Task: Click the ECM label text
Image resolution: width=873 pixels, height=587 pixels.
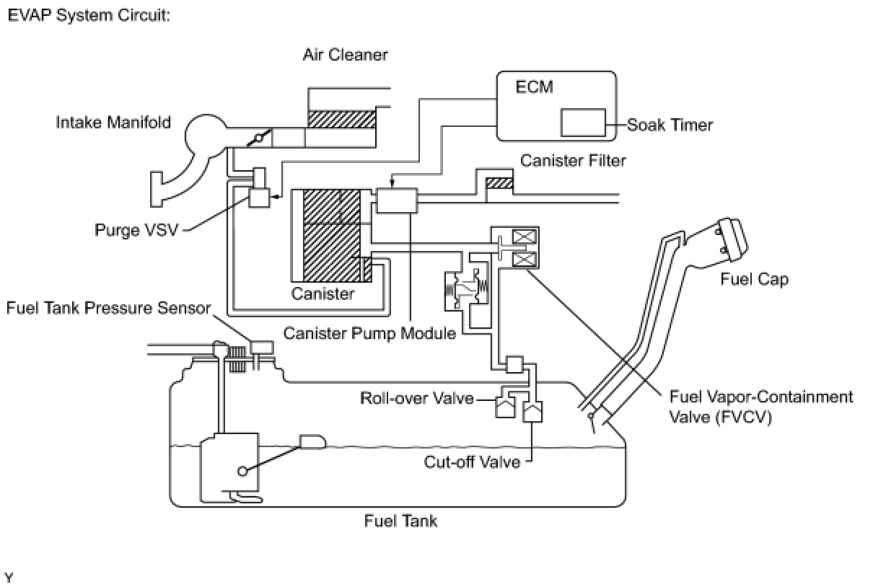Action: [x=535, y=87]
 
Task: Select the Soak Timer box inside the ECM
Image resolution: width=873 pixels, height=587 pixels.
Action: [x=583, y=122]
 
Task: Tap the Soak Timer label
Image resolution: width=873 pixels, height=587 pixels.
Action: [x=670, y=125]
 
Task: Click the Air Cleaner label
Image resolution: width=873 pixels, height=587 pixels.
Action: [x=345, y=55]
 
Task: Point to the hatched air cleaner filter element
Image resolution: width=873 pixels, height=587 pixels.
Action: [x=342, y=120]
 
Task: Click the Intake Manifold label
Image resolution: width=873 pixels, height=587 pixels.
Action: [x=114, y=123]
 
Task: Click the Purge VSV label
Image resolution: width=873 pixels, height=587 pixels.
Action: [x=136, y=231]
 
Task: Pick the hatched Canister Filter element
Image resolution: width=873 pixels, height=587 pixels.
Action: [x=499, y=183]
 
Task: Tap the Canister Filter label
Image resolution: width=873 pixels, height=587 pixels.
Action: [x=573, y=160]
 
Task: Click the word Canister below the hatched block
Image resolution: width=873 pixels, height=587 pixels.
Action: [x=323, y=293]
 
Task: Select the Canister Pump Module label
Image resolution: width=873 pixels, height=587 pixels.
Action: [x=369, y=332]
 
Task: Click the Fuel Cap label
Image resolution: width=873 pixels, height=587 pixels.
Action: [x=755, y=279]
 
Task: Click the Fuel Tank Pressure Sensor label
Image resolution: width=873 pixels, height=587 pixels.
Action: [x=108, y=309]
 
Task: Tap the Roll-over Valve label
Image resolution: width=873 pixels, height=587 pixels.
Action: [x=417, y=398]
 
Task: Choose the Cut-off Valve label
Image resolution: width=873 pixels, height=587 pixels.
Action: [x=472, y=462]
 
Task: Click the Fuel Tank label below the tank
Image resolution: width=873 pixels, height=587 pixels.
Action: [x=400, y=520]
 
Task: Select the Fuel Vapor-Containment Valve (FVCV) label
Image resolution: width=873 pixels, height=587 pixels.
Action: [x=760, y=407]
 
